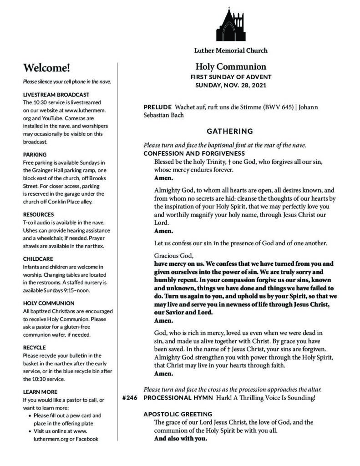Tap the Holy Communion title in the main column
click(x=231, y=66)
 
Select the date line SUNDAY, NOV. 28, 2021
click(x=231, y=85)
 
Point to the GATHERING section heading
click(x=230, y=132)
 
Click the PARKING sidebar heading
click(x=35, y=155)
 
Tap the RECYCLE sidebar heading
click(x=34, y=347)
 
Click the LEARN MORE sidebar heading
click(x=40, y=391)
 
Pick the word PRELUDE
click(x=157, y=107)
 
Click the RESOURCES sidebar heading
click(x=38, y=214)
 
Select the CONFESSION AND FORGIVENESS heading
click(x=194, y=153)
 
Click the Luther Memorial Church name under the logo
click(x=231, y=50)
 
